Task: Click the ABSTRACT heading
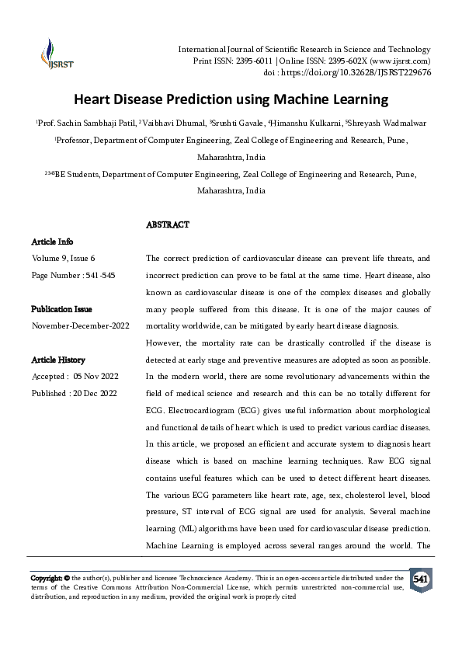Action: pos(168,224)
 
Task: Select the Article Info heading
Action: pos(51,242)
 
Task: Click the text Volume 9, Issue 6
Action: pos(64,258)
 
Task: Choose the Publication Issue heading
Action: pos(64,308)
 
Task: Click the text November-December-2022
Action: pos(80,325)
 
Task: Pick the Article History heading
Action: pos(57,360)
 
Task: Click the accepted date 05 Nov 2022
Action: pos(94,377)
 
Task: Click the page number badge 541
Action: pos(420,580)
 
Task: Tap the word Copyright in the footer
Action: pos(46,578)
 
